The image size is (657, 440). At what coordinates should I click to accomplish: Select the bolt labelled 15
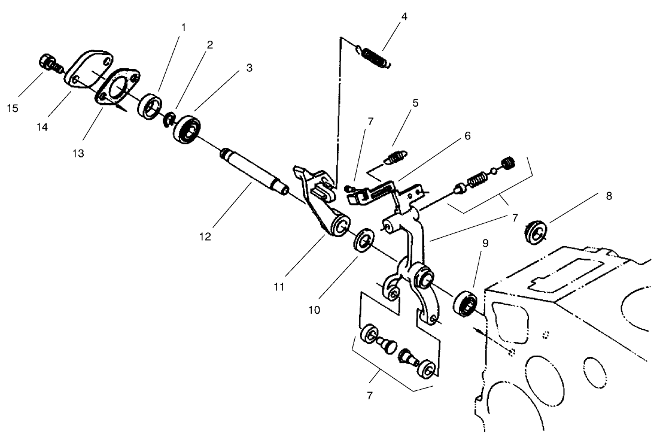pyautogui.click(x=48, y=62)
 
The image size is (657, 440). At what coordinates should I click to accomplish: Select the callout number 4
pyautogui.click(x=404, y=16)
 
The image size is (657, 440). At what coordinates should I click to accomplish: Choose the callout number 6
pyautogui.click(x=467, y=136)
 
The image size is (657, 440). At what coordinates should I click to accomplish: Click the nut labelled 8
pyautogui.click(x=536, y=232)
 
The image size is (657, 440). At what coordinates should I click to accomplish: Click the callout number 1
pyautogui.click(x=184, y=28)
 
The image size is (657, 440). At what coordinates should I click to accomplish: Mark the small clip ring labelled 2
pyautogui.click(x=169, y=119)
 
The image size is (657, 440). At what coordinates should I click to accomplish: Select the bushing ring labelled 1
pyautogui.click(x=150, y=107)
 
